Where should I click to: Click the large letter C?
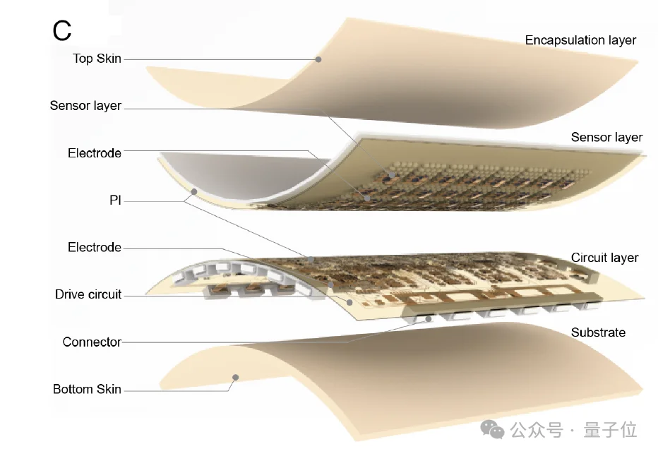coord(62,30)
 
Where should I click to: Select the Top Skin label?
coord(97,59)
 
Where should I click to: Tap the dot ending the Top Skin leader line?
coord(318,60)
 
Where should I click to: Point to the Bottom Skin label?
coord(87,389)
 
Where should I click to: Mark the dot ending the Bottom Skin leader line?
coord(237,377)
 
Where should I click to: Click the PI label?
coord(115,200)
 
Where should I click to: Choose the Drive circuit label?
coord(88,294)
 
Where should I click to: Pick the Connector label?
coord(92,342)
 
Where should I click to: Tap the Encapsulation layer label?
coord(580,40)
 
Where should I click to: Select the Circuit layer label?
coord(604,258)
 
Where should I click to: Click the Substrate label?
coord(598,332)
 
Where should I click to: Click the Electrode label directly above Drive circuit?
coord(95,248)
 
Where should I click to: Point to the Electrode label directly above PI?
coord(95,153)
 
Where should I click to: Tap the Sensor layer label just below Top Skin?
coord(85,106)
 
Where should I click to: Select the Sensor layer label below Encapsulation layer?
coord(606,137)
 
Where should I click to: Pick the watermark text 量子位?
coord(611,429)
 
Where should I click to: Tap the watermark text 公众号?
coord(537,429)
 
